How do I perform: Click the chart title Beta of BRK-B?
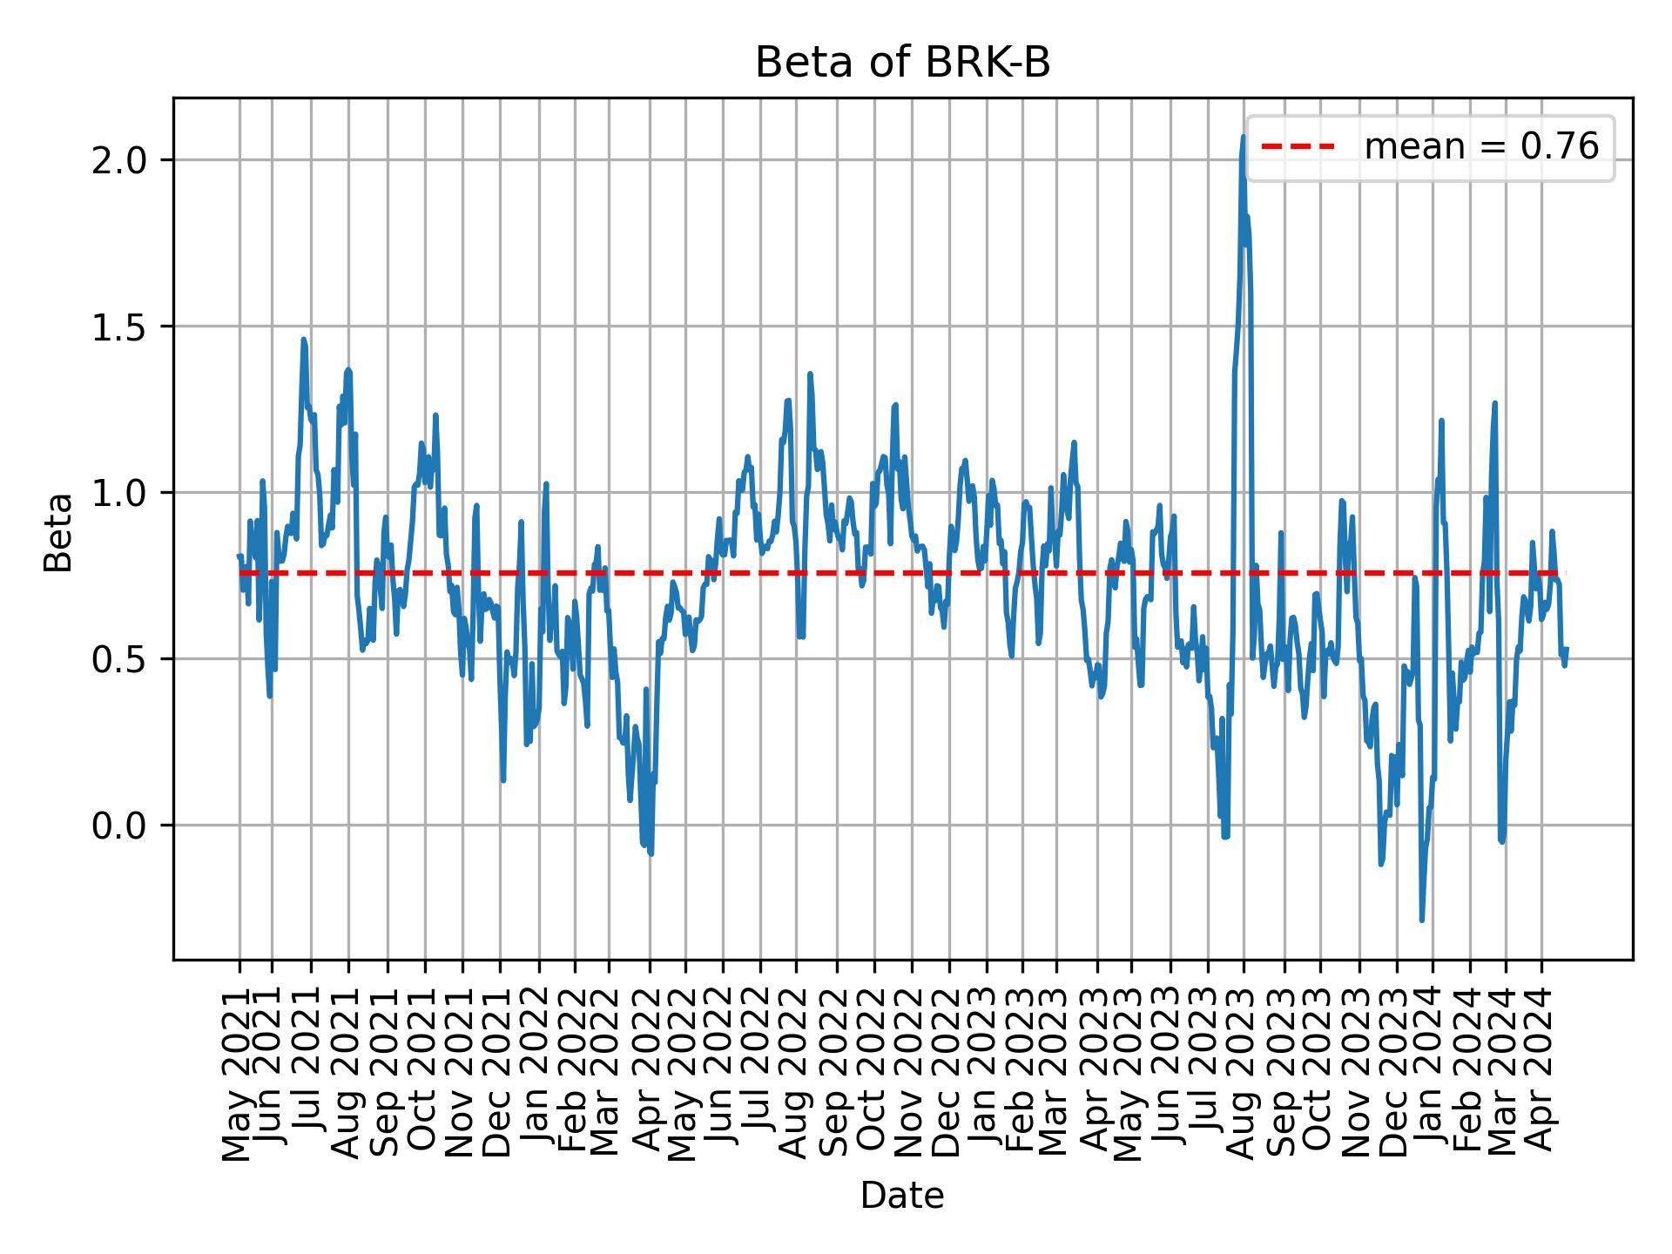(x=902, y=64)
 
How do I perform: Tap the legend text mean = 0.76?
(x=1480, y=147)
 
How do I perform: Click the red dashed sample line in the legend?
(x=1298, y=147)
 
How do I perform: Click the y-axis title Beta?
(x=58, y=532)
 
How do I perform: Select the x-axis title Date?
(x=902, y=1196)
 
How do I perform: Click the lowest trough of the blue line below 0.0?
(x=1421, y=920)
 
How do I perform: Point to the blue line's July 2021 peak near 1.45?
(x=303, y=340)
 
